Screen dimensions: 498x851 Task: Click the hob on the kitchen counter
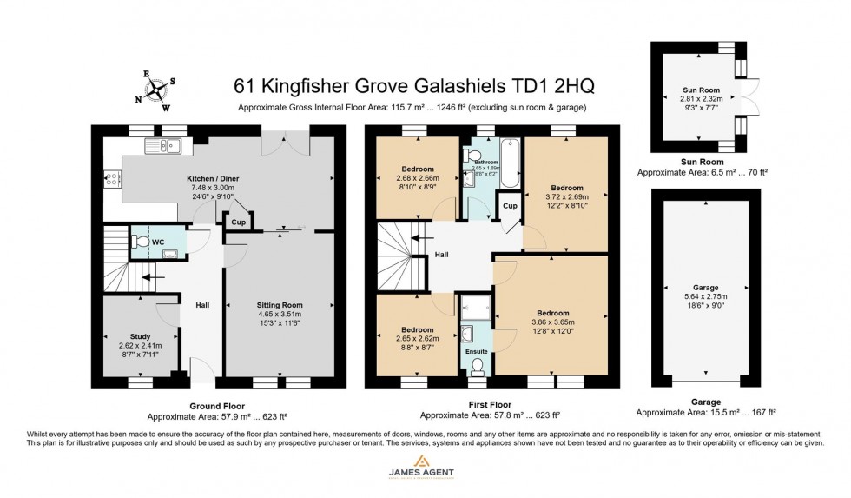(112, 181)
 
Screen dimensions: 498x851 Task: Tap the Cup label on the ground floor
(235, 222)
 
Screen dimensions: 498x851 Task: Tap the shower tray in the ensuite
(475, 305)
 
